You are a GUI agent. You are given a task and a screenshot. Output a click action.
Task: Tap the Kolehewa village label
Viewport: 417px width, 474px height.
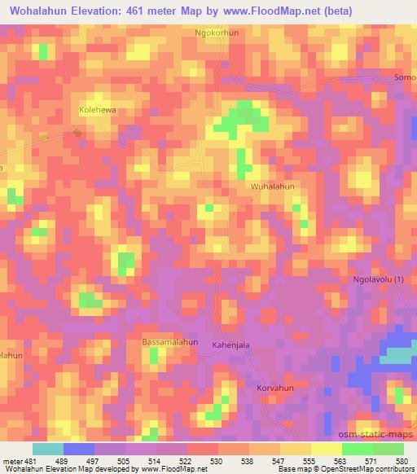click(99, 108)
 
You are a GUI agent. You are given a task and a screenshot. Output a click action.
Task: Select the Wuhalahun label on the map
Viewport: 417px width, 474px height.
click(272, 187)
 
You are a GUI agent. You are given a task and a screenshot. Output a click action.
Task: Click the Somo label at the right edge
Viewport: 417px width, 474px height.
click(405, 77)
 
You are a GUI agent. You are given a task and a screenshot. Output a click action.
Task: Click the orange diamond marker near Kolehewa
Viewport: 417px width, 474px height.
click(77, 131)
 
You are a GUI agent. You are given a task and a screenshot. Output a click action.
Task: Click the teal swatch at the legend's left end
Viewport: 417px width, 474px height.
click(48, 449)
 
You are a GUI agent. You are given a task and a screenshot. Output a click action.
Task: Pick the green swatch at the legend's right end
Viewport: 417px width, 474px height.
click(388, 449)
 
